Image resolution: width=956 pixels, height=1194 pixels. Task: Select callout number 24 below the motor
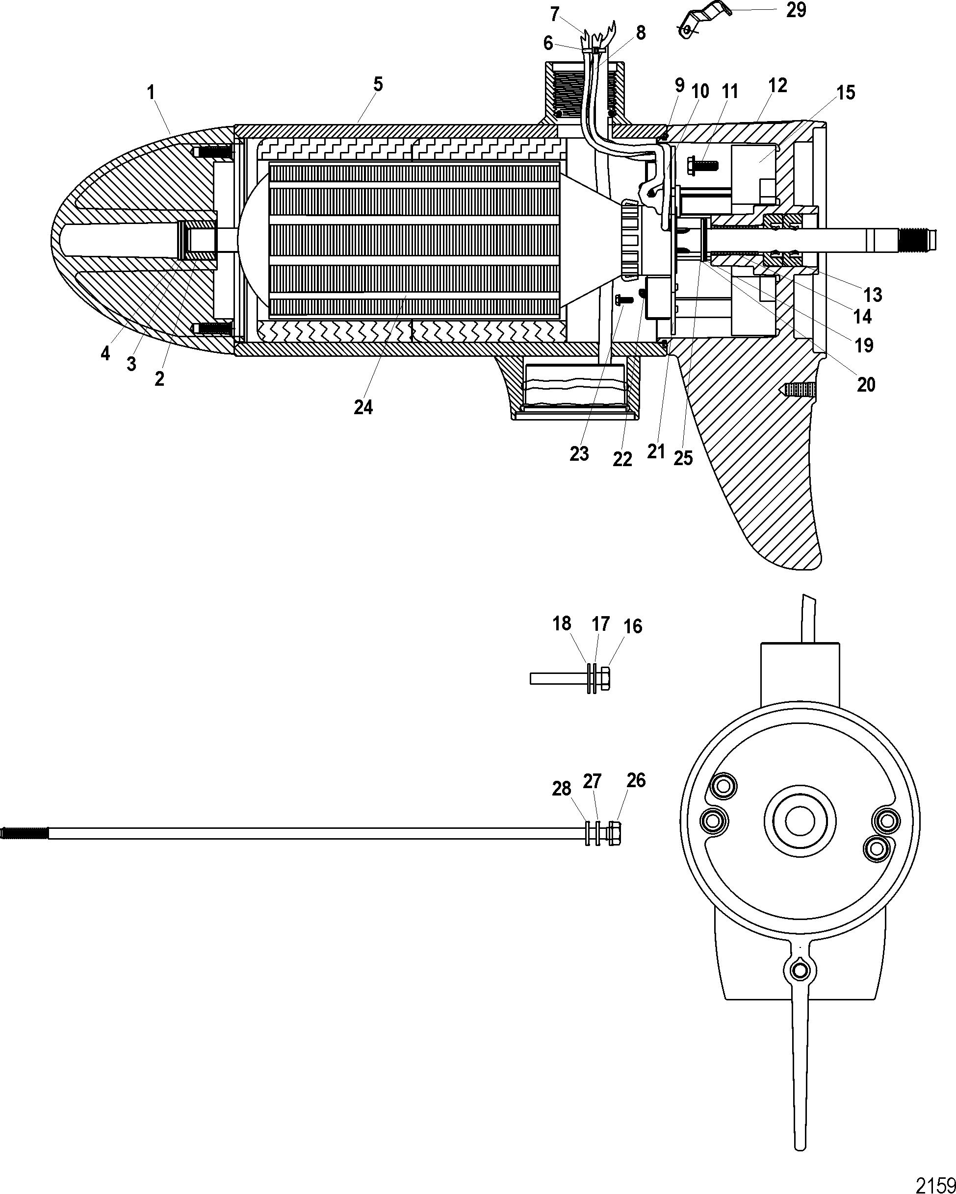[x=363, y=408]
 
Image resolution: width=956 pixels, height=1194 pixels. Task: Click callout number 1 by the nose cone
[x=151, y=93]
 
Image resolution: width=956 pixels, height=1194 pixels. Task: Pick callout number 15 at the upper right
[x=846, y=92]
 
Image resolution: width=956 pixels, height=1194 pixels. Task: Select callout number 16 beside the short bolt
[x=632, y=626]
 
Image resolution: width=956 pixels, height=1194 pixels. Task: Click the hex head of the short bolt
[x=604, y=678]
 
